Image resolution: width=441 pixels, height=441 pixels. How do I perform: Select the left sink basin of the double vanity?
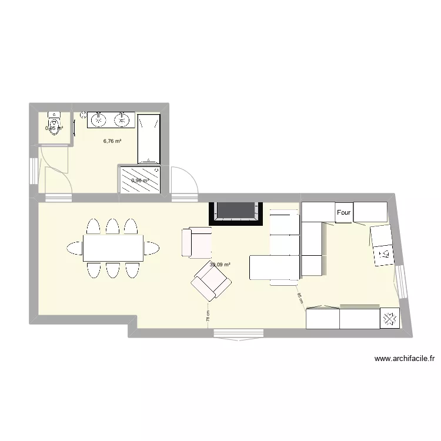coord(98,120)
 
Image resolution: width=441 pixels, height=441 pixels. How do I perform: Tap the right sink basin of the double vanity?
coord(122,120)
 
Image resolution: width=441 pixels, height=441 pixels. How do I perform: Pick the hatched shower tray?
coord(141,180)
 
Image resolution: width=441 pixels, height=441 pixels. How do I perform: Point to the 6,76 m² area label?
coord(112,141)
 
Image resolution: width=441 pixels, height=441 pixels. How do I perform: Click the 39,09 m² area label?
coord(219,265)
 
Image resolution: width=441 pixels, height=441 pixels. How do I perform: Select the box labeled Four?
coord(343,213)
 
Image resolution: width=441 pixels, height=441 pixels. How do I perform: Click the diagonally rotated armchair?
coord(211,282)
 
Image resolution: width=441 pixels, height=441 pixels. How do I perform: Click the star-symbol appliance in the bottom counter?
coord(389,319)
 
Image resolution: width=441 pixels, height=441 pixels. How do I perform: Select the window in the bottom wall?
coord(238,333)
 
